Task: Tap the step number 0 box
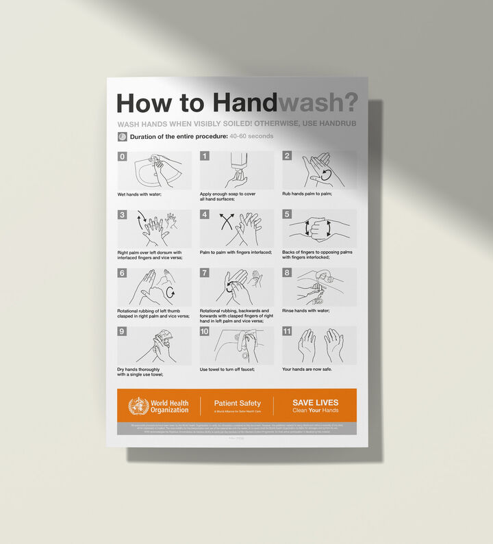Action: point(123,157)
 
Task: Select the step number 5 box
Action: point(288,214)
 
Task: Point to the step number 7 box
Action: point(205,273)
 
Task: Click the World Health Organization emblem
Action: point(138,406)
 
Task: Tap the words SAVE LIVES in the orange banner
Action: point(315,402)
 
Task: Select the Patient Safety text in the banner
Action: point(237,403)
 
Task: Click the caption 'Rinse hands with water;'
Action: point(306,311)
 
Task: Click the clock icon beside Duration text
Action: point(123,136)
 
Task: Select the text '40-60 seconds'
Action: point(251,136)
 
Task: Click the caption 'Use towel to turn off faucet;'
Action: point(227,370)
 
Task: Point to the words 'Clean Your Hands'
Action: point(315,411)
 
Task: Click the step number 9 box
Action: point(123,331)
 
